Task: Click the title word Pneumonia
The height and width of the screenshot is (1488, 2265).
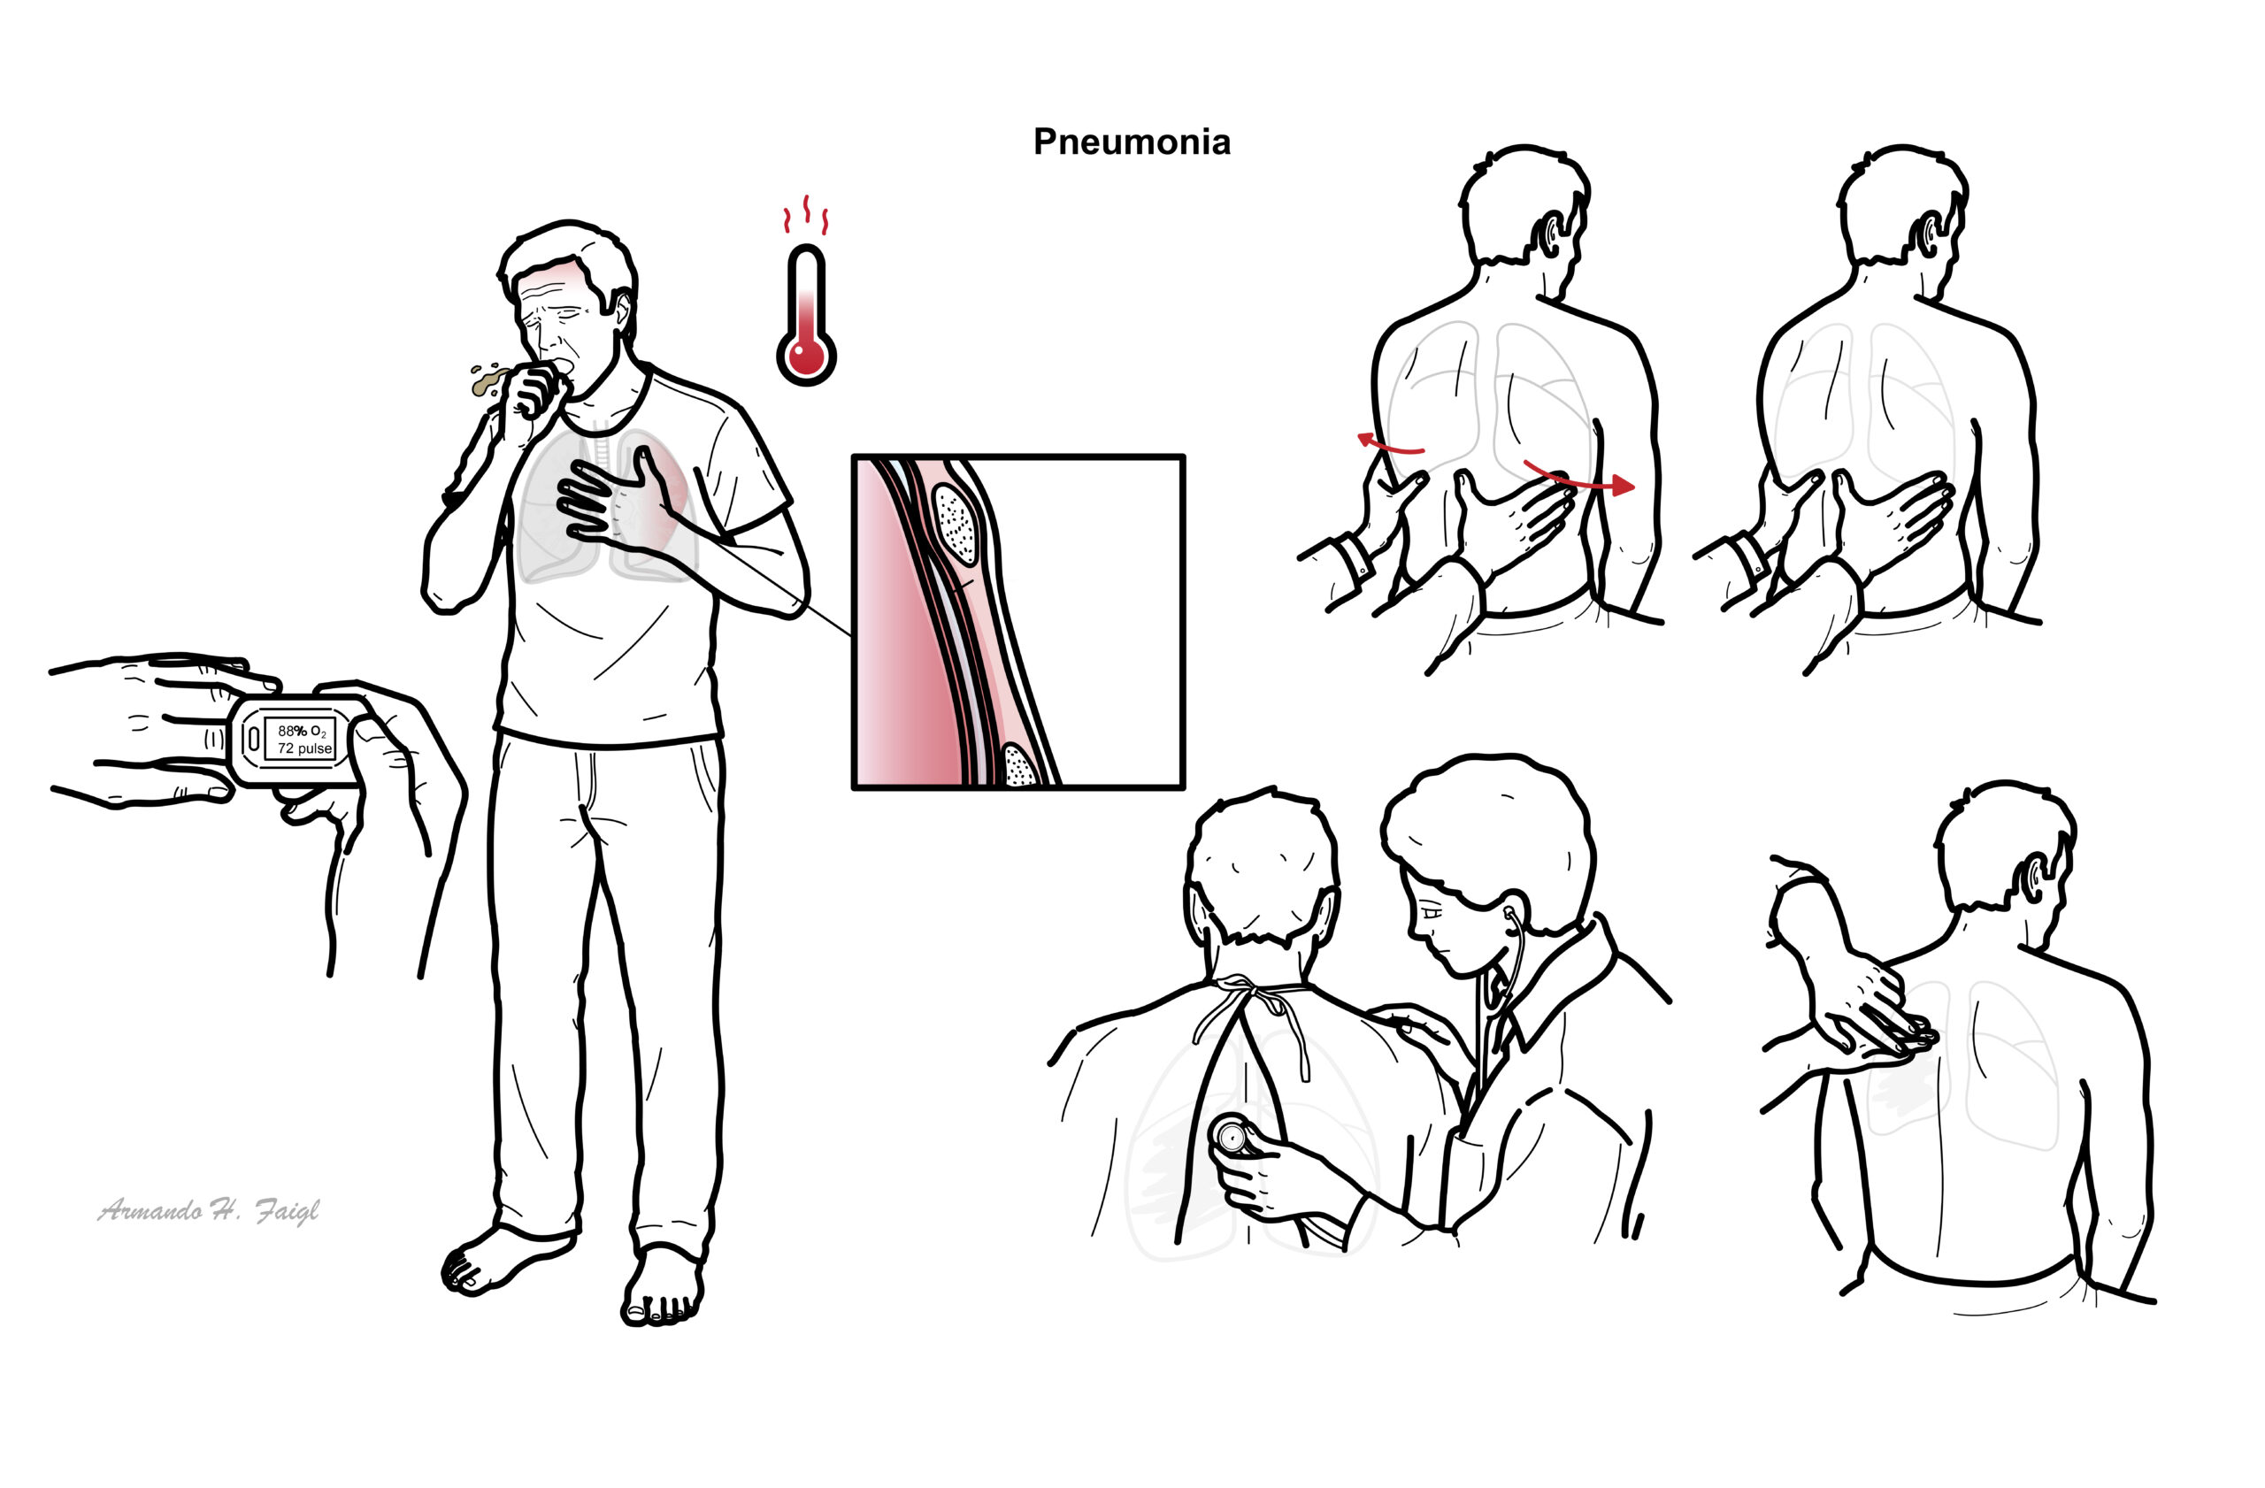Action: (x=1132, y=142)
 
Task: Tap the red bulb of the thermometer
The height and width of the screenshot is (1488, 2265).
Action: (x=806, y=356)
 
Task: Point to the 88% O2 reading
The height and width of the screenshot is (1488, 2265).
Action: (x=302, y=731)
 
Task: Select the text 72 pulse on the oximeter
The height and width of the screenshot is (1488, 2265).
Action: (x=304, y=748)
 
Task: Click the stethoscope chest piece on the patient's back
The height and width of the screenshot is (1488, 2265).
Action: (x=1233, y=1135)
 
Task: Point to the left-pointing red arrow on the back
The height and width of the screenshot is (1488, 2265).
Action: (x=1389, y=443)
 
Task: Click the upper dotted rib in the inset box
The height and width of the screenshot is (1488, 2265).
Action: (x=956, y=523)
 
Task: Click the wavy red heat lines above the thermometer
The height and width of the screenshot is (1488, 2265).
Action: (x=806, y=216)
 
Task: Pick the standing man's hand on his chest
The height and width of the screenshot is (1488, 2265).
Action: (x=618, y=500)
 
